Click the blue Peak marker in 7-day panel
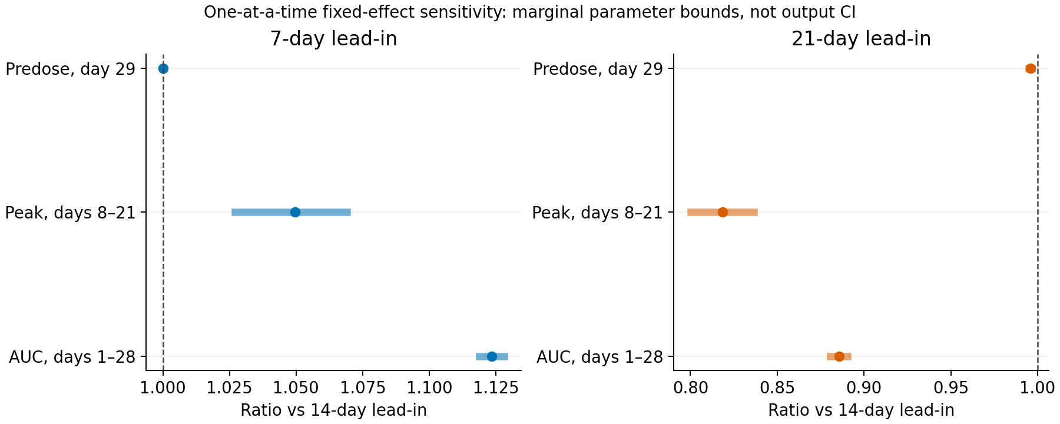click(295, 212)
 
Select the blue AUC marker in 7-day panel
click(492, 356)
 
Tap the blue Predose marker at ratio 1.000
click(163, 68)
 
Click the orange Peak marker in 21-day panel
click(723, 212)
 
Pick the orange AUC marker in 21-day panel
click(839, 356)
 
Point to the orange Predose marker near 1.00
click(1030, 68)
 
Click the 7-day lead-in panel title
click(333, 39)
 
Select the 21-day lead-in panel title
click(861, 39)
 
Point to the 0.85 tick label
click(777, 387)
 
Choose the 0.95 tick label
click(951, 387)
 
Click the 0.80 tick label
click(690, 387)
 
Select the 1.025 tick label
click(230, 387)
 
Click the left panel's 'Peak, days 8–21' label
click(70, 213)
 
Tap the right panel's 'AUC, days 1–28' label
click(600, 357)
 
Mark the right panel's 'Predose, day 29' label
click(598, 69)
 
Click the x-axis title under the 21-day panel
click(861, 410)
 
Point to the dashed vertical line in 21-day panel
click(1038, 212)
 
